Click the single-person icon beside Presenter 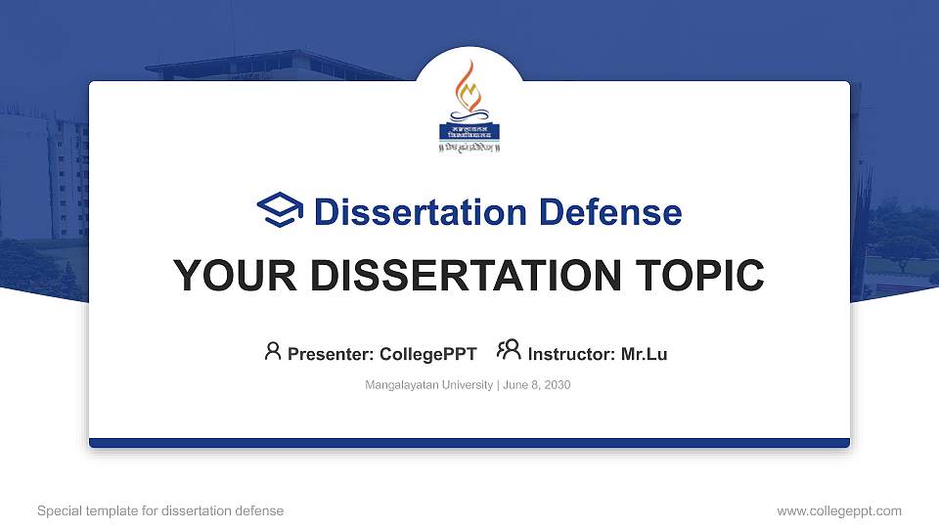(273, 351)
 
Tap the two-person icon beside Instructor (509, 351)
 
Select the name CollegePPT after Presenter (428, 354)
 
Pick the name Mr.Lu (645, 354)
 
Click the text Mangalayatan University (429, 385)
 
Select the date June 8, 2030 (537, 385)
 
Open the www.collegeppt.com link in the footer (839, 510)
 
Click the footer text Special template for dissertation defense (160, 510)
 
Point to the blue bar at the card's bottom (469, 443)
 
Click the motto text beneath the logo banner (469, 148)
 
